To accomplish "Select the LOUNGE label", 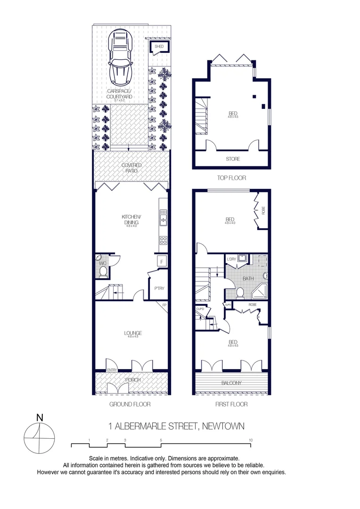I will [133, 333].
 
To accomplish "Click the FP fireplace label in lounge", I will [164, 305].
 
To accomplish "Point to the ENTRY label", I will [112, 370].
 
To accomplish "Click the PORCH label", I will [132, 380].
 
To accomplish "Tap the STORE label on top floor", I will [233, 159].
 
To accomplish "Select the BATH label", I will [248, 279].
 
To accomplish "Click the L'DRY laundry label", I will [231, 259].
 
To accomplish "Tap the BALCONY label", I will [232, 383].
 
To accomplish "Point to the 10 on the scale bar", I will [250, 440].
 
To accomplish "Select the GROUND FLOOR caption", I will [130, 404].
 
